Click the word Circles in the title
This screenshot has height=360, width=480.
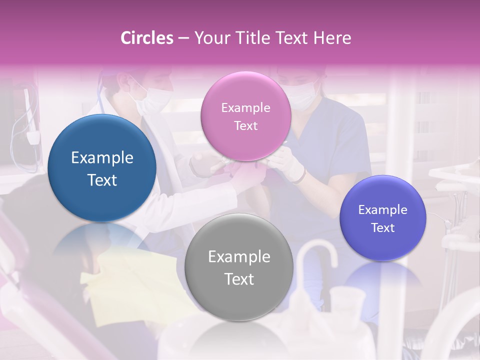click(147, 38)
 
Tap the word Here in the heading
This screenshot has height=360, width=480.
click(332, 38)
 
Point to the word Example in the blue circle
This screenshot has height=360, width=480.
click(102, 158)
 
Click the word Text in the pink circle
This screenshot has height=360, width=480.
click(246, 126)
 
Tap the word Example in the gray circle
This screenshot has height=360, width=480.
click(239, 257)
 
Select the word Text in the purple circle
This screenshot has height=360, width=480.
click(383, 228)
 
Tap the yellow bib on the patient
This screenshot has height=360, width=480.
click(135, 280)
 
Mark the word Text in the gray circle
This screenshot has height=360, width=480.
click(239, 279)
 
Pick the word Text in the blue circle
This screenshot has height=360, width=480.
click(102, 180)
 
